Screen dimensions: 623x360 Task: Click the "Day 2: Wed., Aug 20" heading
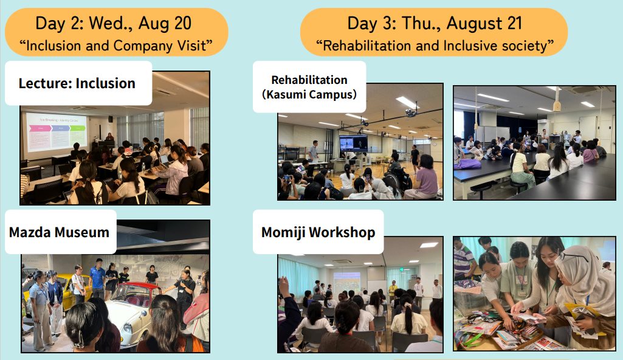[x=113, y=23]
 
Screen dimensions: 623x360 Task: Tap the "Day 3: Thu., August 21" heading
[x=434, y=23]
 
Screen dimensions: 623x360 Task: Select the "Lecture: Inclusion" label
[x=77, y=83]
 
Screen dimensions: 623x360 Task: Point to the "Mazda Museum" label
[x=59, y=232]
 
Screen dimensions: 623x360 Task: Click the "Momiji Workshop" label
[x=318, y=232]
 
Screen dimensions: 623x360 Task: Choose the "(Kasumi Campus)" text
[x=309, y=95]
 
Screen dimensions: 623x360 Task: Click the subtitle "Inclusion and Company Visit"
[x=116, y=45]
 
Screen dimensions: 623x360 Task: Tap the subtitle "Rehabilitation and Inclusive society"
[x=435, y=45]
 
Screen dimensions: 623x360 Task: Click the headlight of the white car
[x=128, y=328]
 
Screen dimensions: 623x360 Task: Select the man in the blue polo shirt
[x=97, y=278]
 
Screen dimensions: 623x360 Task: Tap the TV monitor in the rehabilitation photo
[x=353, y=143]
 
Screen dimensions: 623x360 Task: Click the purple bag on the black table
[x=468, y=164]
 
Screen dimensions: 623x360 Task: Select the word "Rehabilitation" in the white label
[x=309, y=80]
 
